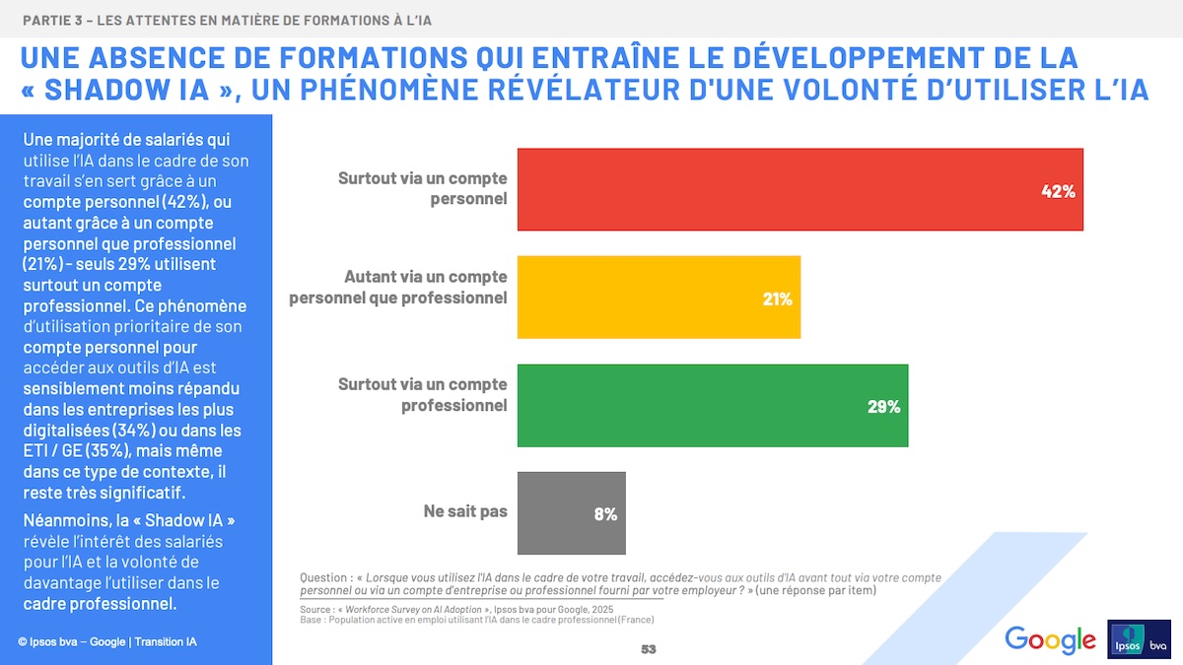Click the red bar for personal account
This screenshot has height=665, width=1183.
799,189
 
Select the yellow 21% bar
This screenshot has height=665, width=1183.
659,298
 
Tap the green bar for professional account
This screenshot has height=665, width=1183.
712,405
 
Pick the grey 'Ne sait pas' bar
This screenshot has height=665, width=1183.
571,512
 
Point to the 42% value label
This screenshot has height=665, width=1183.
1058,191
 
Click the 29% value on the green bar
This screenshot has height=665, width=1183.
883,406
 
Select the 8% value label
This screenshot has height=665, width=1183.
605,513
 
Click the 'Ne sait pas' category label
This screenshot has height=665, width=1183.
465,512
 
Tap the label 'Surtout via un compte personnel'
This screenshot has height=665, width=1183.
422,188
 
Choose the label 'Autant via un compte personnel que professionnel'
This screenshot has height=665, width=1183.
398,287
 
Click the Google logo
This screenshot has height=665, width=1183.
1050,639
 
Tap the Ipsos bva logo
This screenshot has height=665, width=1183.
1140,638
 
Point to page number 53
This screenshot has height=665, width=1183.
648,649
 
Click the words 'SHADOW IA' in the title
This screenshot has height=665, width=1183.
127,89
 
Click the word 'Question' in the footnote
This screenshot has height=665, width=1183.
324,577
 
